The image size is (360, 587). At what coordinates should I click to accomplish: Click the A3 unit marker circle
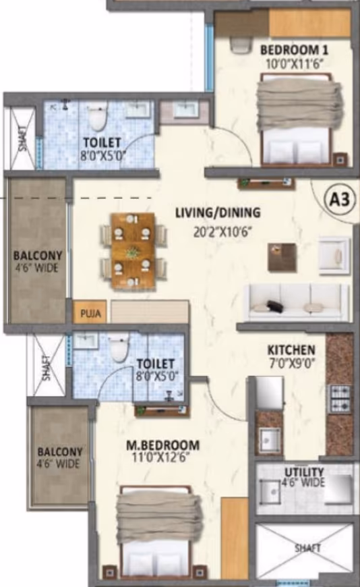point(339,200)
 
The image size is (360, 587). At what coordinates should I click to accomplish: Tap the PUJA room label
point(90,312)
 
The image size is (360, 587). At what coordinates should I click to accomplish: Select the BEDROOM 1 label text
point(294,50)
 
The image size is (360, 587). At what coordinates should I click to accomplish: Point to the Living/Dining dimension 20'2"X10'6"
point(222,232)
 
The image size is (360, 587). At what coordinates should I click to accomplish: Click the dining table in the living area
point(133,251)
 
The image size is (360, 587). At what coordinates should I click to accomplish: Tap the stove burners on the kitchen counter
point(339,399)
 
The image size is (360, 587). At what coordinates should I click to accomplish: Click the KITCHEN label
point(291,350)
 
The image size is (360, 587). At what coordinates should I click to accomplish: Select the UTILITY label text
point(304,472)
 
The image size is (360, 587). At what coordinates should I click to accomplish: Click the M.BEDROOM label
point(162,445)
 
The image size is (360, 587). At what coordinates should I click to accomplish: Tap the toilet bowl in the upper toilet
point(97,117)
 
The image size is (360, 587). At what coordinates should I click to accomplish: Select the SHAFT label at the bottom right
point(307,548)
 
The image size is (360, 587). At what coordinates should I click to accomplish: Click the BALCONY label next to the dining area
point(38,256)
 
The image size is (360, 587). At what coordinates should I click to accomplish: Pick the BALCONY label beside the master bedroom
point(60,451)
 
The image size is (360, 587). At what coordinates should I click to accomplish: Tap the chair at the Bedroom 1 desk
point(239,45)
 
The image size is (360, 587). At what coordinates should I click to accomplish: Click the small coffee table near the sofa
point(282,257)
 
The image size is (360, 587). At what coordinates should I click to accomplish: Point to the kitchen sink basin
point(270,439)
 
